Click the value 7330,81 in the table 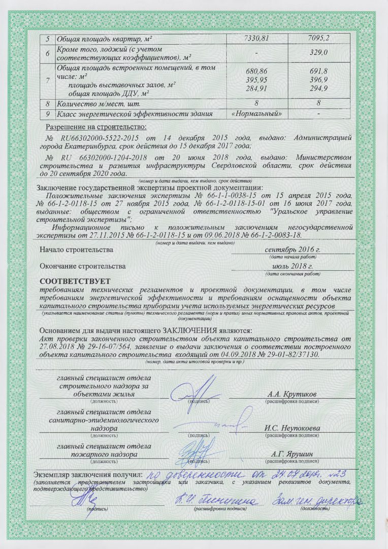tap(256, 39)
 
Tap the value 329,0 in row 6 tap(318, 53)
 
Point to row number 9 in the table tap(47, 113)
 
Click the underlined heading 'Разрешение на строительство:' tap(96, 126)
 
